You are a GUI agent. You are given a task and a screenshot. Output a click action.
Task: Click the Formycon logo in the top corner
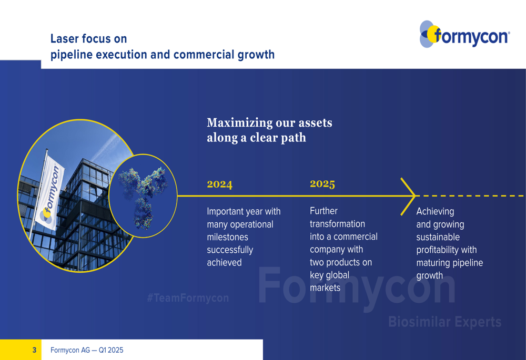[464, 34]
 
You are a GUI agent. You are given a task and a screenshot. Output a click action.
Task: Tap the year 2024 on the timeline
[220, 184]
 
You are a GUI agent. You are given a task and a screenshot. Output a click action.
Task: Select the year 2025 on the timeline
[322, 184]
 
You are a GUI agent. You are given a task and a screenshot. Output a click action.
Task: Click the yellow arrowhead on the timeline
[408, 197]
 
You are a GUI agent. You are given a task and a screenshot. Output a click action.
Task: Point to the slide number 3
[34, 350]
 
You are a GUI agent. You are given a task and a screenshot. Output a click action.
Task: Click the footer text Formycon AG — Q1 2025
[87, 350]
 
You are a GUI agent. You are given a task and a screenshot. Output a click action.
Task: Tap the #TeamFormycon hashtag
[188, 297]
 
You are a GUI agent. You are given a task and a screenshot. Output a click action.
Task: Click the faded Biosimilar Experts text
[445, 322]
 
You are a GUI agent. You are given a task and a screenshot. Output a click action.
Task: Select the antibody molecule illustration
[143, 197]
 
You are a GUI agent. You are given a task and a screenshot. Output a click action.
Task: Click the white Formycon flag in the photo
[49, 193]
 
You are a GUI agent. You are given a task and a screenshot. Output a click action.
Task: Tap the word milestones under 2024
[227, 237]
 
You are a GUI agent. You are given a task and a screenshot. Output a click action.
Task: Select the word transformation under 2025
[337, 223]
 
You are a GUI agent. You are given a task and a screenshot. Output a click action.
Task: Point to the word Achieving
[435, 211]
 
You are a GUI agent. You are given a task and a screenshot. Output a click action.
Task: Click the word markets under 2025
[325, 287]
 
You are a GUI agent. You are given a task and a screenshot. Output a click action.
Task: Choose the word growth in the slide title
[256, 55]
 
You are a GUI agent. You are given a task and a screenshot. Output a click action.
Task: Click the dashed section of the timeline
[470, 196]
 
